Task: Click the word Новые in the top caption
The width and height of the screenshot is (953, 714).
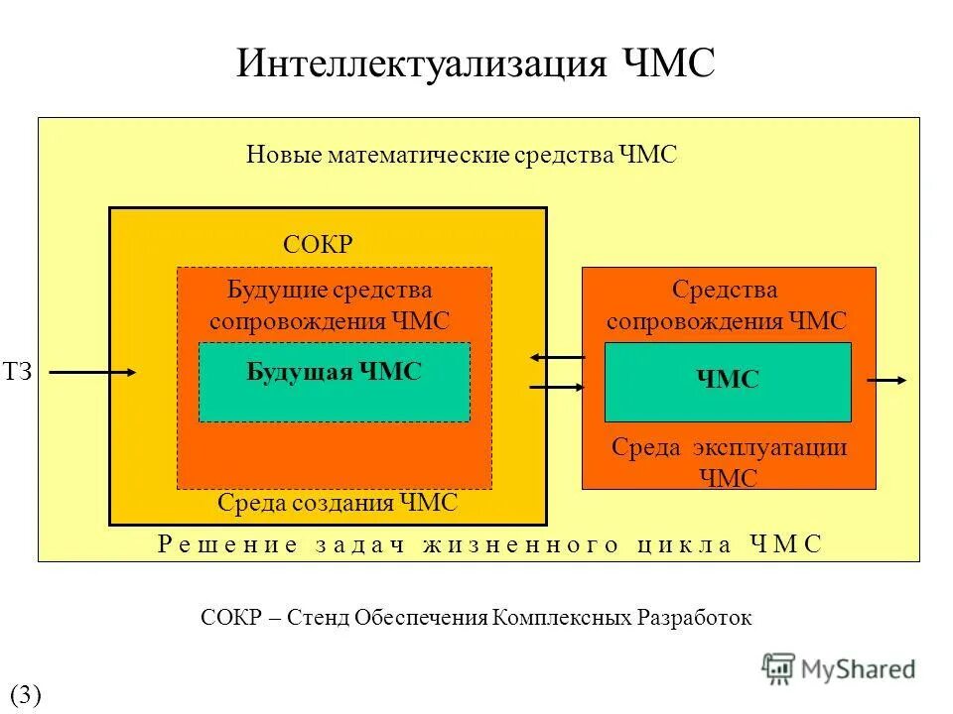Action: [277, 156]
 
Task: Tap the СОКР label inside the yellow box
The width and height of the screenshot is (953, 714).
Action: [318, 245]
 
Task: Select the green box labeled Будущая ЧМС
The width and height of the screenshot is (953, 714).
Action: [335, 382]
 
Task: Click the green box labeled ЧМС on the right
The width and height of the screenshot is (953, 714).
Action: [728, 382]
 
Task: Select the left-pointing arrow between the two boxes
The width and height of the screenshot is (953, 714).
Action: [557, 357]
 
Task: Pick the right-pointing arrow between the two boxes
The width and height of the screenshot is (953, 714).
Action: [557, 388]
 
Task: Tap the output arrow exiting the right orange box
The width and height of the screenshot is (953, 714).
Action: [886, 380]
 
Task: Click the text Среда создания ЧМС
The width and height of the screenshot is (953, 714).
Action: [338, 504]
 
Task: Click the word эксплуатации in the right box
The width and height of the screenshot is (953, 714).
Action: [768, 448]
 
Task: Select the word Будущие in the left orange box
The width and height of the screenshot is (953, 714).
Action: [261, 291]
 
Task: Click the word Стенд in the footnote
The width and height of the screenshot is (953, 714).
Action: [320, 618]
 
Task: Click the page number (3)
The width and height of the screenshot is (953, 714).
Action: [25, 694]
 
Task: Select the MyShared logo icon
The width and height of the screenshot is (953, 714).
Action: [778, 668]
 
